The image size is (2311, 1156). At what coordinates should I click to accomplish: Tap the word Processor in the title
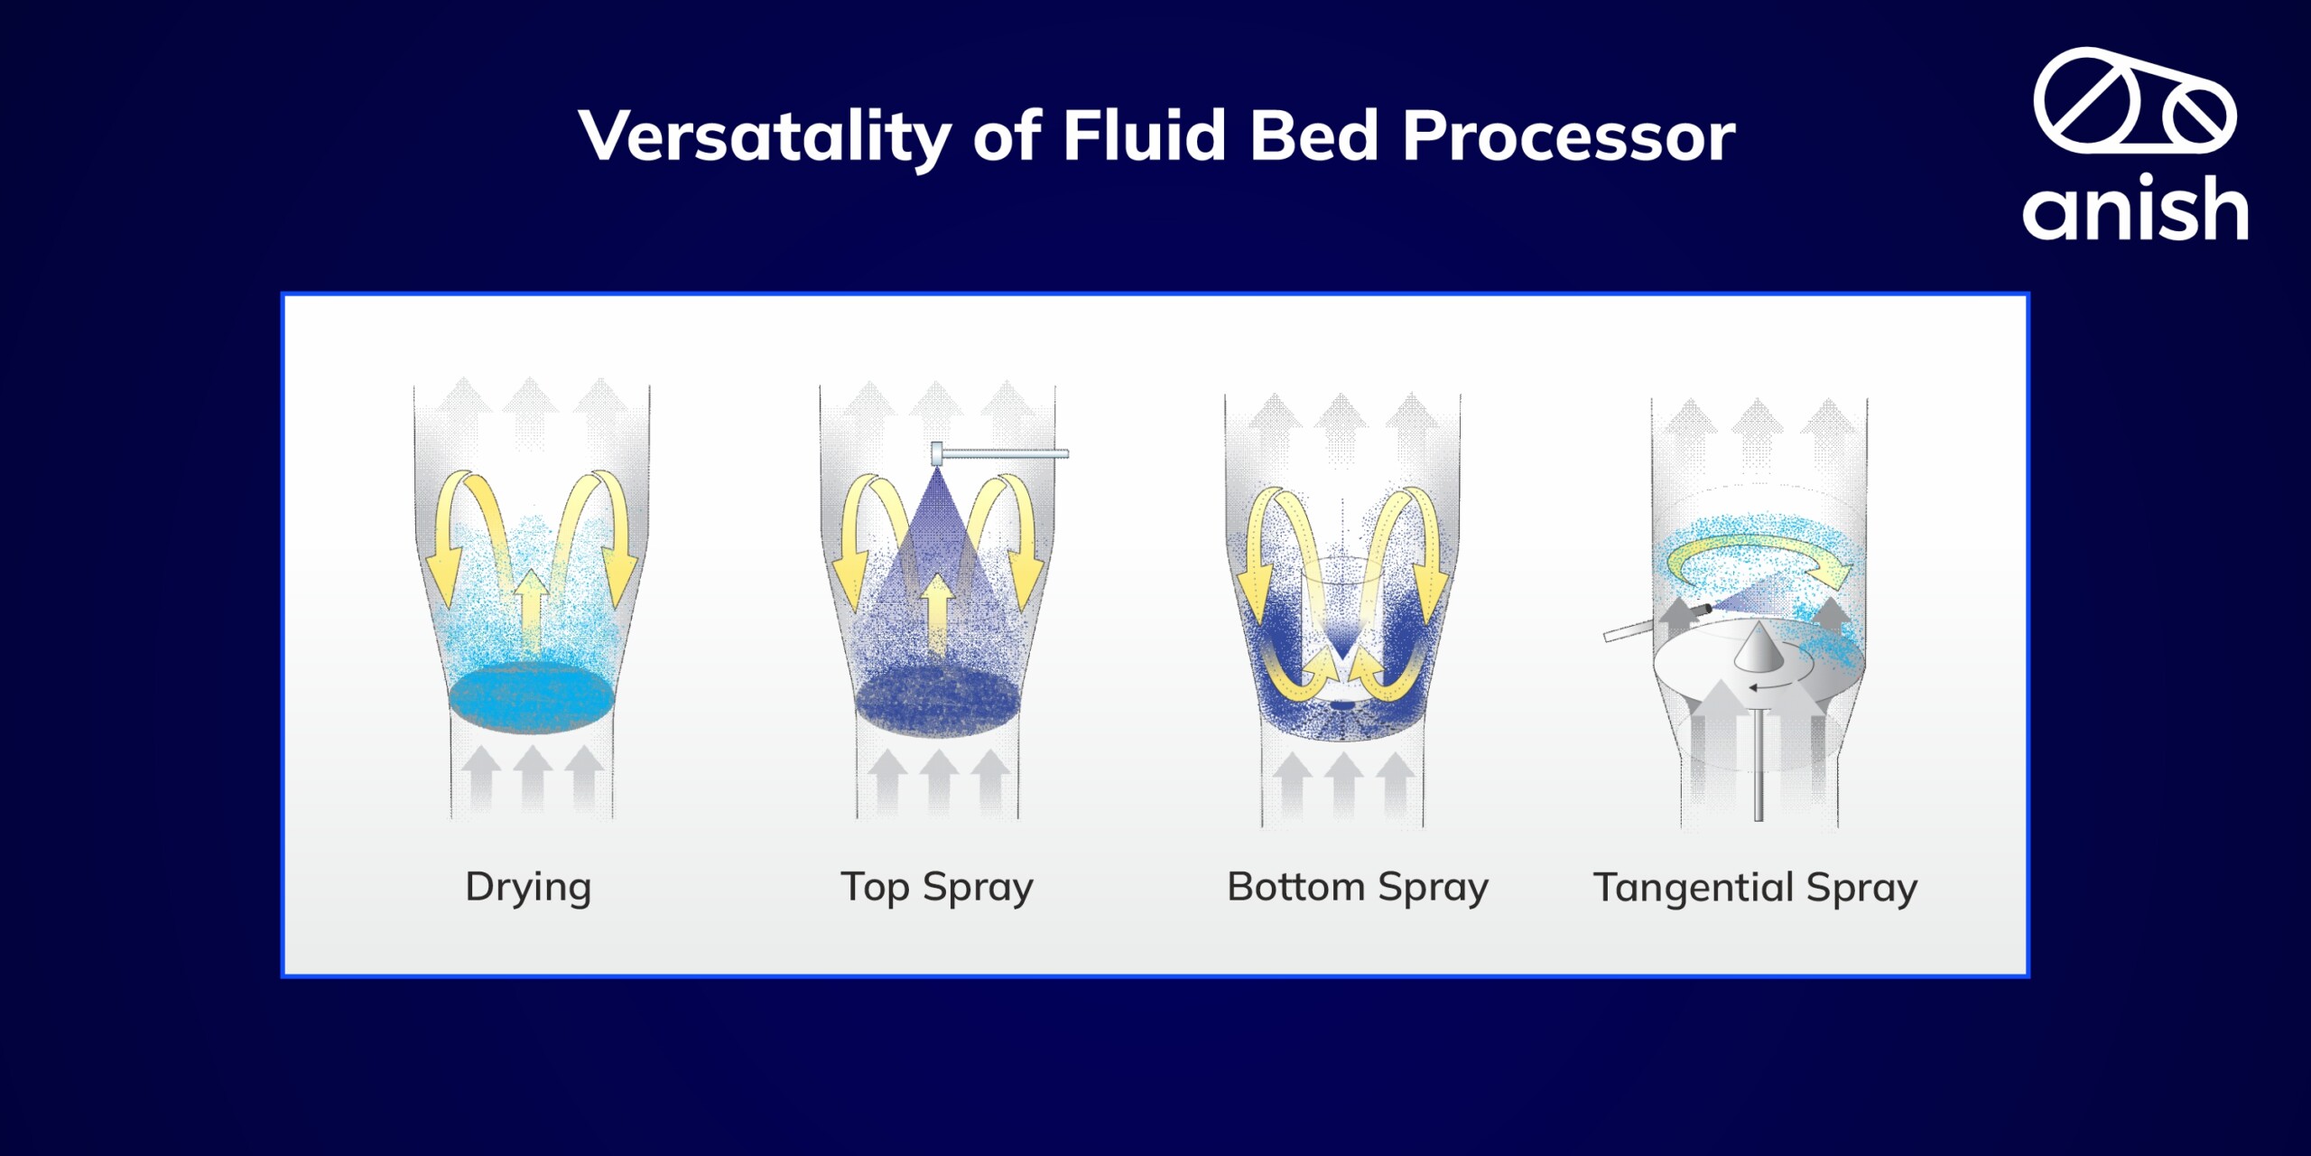click(x=1568, y=136)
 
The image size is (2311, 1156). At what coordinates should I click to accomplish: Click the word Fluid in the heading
click(x=1143, y=135)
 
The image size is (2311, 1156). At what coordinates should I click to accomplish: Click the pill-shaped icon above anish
click(x=2136, y=101)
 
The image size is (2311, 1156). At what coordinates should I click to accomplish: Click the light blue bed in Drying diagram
click(x=532, y=699)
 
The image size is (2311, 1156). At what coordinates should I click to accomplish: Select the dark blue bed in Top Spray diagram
click(x=937, y=701)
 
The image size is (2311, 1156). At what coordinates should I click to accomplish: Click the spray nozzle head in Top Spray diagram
click(x=937, y=452)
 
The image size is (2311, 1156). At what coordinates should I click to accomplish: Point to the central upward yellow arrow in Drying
click(x=532, y=611)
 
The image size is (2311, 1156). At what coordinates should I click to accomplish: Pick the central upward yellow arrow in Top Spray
click(x=938, y=614)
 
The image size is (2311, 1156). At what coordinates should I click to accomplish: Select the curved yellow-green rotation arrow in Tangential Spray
click(x=1757, y=548)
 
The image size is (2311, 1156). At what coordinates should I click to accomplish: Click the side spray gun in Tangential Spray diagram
click(x=1657, y=623)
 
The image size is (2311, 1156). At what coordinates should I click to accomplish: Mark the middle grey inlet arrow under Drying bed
click(x=533, y=777)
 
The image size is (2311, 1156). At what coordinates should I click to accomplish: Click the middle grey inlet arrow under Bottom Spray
click(x=1344, y=784)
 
